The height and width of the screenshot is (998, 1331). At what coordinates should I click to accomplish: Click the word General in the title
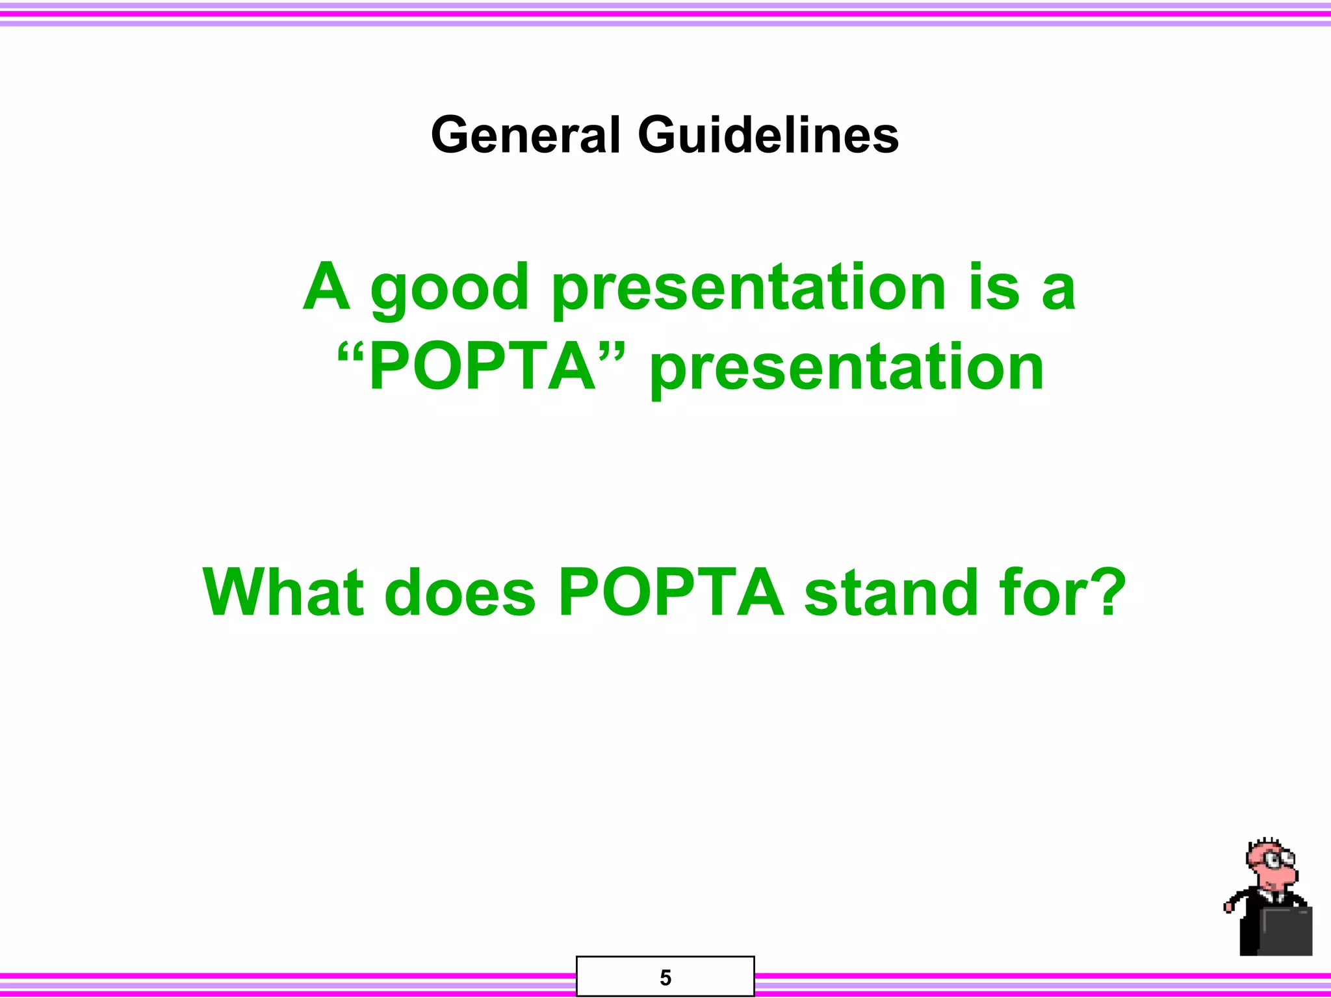[525, 135]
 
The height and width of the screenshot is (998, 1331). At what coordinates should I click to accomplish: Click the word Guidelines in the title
[768, 135]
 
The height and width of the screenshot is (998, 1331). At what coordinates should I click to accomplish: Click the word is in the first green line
[994, 287]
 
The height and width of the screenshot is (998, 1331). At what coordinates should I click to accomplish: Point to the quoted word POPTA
[482, 368]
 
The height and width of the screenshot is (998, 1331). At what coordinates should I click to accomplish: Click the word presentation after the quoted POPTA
[847, 369]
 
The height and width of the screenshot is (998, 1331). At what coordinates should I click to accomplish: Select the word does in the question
[459, 593]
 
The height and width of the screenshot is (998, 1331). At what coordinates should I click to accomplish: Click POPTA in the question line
[671, 593]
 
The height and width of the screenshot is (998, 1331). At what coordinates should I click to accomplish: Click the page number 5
[665, 977]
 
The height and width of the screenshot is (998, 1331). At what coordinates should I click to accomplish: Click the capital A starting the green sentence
[327, 287]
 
